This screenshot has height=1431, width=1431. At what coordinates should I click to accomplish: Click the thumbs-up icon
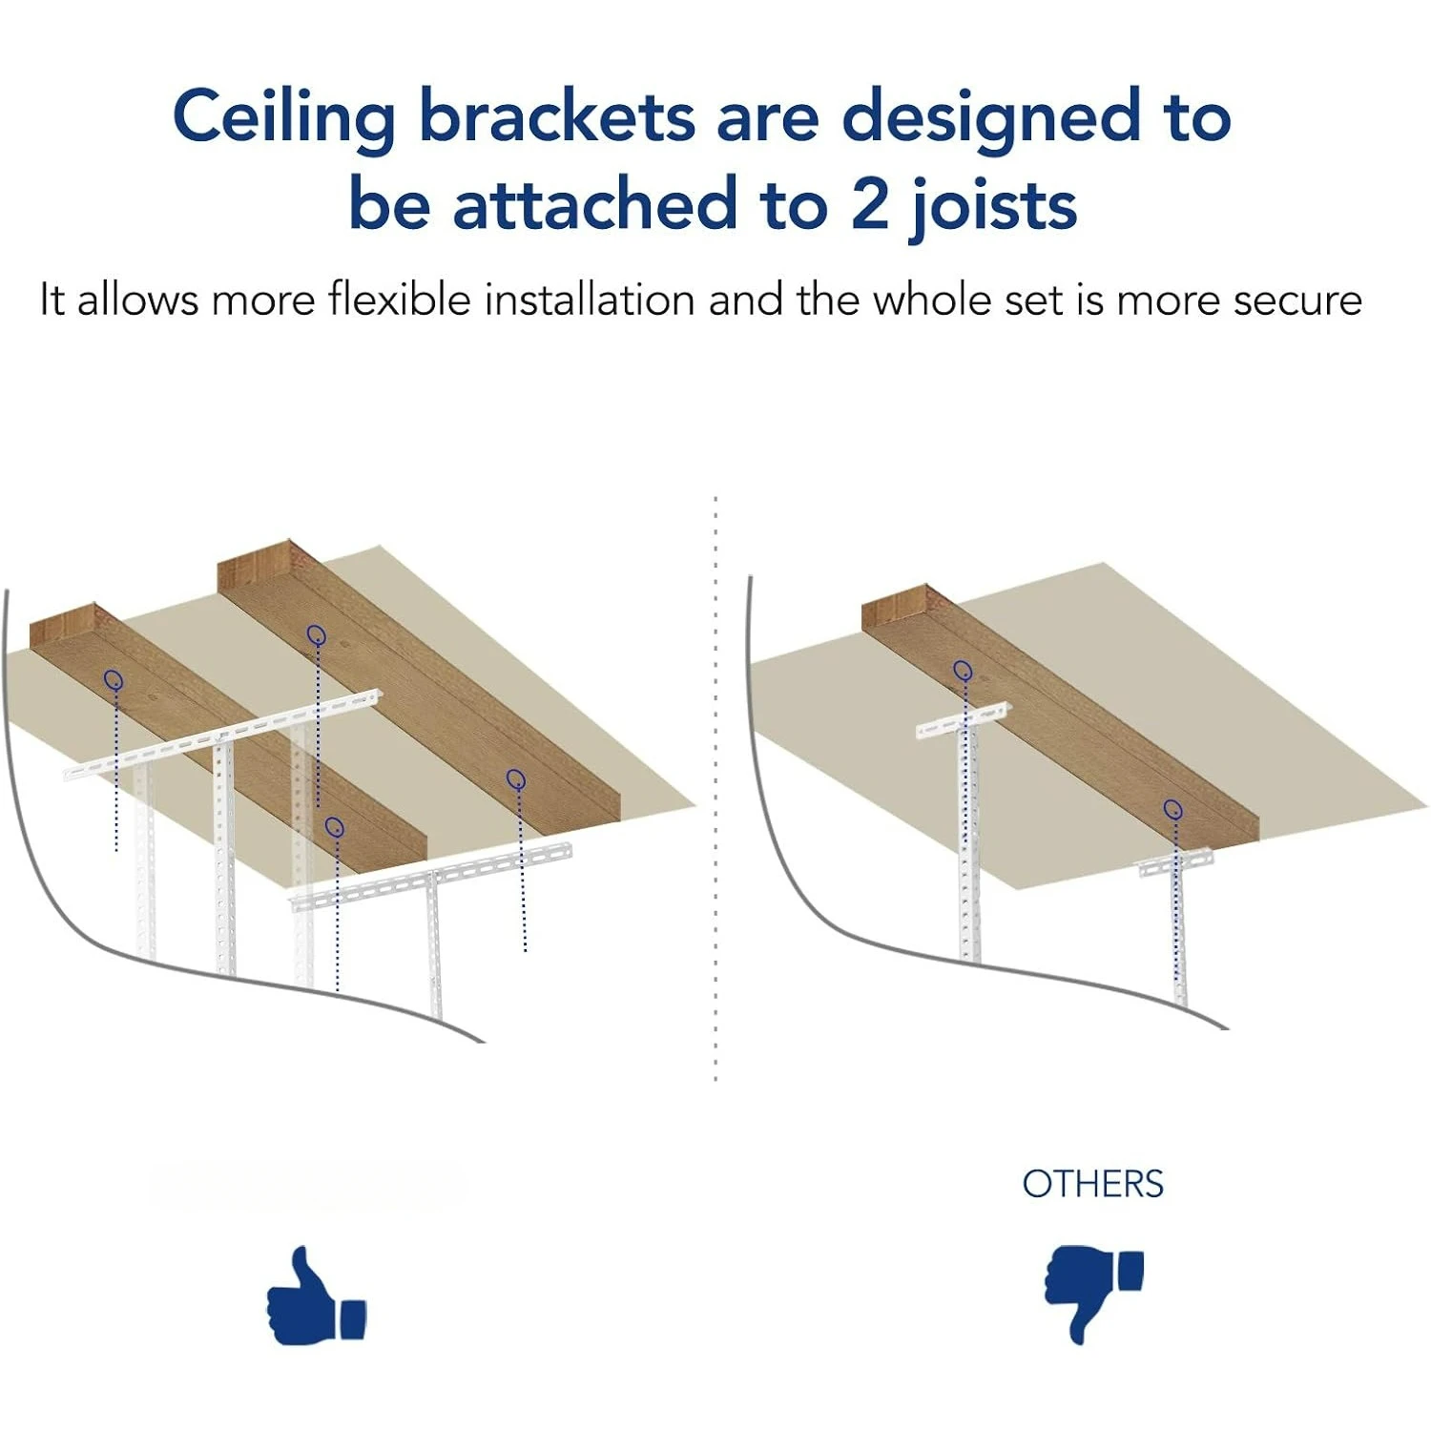coord(316,1297)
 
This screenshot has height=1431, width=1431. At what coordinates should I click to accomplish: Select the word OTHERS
coord(1092,1184)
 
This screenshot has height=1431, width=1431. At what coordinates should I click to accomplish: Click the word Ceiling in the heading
coord(283,118)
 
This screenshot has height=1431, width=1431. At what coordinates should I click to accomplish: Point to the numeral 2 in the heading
coord(869,204)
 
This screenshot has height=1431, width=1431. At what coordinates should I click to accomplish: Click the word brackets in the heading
coord(557,116)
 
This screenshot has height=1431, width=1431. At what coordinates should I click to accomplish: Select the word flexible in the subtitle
coord(400,300)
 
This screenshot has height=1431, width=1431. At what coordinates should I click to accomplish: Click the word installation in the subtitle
coord(590,300)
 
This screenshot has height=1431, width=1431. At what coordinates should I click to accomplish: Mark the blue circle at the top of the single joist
coord(963,670)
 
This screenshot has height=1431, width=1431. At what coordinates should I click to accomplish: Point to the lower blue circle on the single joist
coord(1173,809)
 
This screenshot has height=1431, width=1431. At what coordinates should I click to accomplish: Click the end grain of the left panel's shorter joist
coord(63,626)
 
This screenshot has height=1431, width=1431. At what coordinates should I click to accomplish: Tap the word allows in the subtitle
coord(138,300)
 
